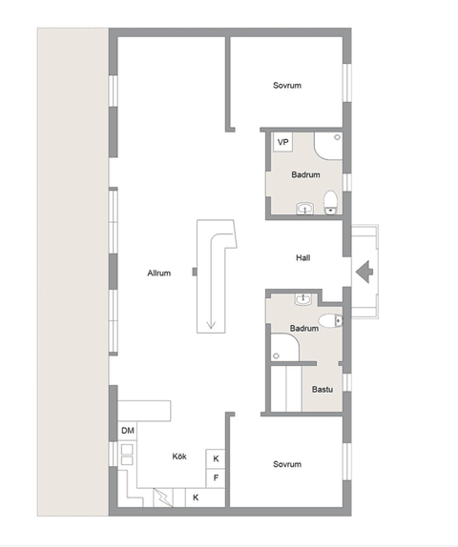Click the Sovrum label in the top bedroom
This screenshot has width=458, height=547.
(x=286, y=86)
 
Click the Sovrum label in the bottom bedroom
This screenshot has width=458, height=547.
(x=286, y=464)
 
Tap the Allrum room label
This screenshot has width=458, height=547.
(x=158, y=273)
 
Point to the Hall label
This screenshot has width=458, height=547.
(x=303, y=257)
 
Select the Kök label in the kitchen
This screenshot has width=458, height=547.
(x=179, y=456)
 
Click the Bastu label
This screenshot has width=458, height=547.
(x=322, y=389)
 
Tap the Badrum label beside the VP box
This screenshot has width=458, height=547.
(x=305, y=174)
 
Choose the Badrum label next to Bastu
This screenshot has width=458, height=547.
(x=303, y=328)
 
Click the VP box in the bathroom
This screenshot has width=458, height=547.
(x=282, y=142)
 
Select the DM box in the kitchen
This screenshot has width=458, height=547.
(x=128, y=432)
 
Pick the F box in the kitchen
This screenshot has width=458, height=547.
(x=216, y=476)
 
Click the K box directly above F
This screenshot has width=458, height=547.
(x=216, y=458)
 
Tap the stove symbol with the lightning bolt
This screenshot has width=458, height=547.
(x=163, y=496)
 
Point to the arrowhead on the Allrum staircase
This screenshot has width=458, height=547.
(x=209, y=327)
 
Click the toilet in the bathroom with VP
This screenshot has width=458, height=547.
(x=330, y=200)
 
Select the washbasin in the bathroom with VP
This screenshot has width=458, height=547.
(x=305, y=207)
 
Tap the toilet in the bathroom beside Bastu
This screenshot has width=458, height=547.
(x=330, y=319)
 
